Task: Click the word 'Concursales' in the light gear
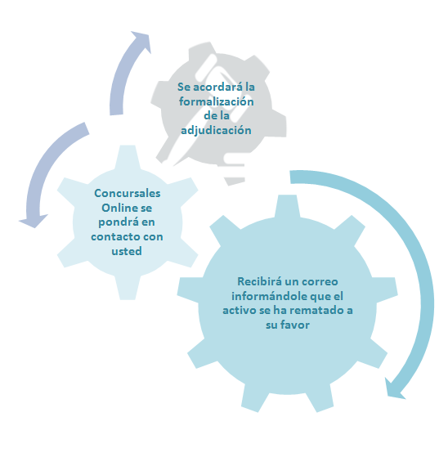(127, 193)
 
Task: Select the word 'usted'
(127, 251)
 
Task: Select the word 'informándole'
(269, 296)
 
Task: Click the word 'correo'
(322, 281)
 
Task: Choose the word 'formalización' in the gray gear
(216, 101)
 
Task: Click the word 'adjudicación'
(216, 130)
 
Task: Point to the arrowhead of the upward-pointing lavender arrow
(141, 41)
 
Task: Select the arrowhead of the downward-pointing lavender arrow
(34, 222)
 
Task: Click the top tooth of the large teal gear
(287, 206)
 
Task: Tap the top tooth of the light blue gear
(128, 156)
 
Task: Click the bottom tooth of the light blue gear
(128, 288)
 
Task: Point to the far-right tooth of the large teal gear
(385, 289)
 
